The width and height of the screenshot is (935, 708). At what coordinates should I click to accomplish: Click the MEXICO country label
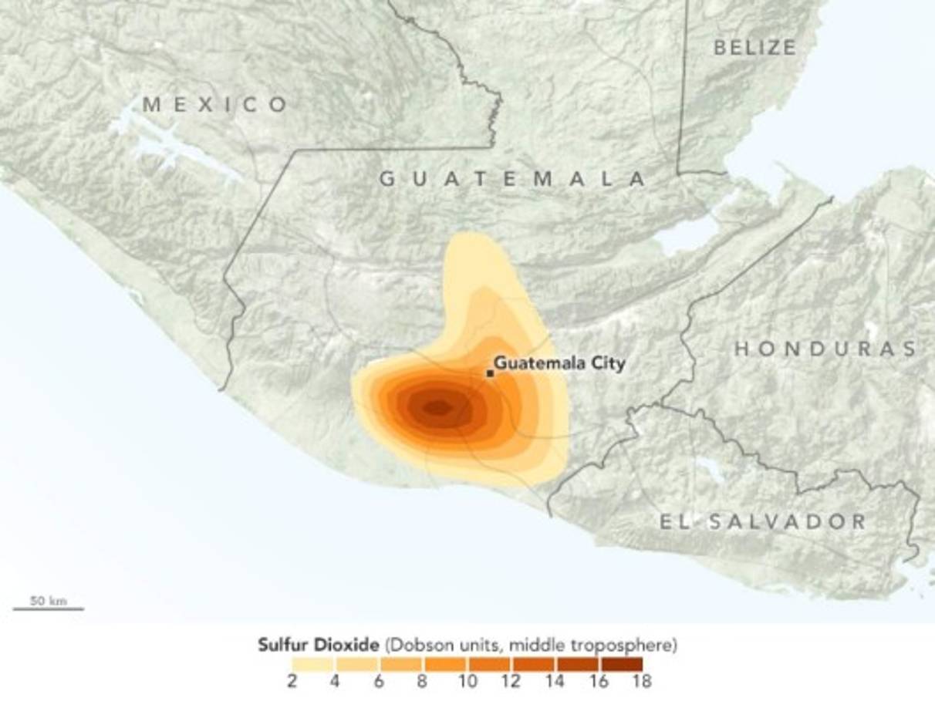[216, 104]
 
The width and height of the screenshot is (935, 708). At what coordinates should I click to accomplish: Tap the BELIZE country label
[754, 48]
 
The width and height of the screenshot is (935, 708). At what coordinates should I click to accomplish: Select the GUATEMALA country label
[512, 179]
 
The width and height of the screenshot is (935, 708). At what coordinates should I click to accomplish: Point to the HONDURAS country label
[825, 349]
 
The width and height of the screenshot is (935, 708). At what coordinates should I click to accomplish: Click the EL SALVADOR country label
[762, 522]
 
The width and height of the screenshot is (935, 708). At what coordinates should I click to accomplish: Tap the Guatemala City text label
[559, 362]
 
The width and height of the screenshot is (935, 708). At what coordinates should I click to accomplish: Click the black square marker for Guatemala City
[490, 373]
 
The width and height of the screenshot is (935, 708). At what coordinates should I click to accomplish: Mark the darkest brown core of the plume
[437, 408]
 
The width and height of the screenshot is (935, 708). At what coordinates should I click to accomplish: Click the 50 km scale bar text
[48, 600]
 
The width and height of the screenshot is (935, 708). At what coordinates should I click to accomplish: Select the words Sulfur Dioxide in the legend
[319, 645]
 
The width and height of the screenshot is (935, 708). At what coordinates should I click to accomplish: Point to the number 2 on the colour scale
[292, 682]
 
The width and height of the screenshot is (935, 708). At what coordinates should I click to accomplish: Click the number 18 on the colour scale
[642, 682]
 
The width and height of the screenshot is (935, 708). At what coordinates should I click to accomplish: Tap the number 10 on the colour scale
[466, 682]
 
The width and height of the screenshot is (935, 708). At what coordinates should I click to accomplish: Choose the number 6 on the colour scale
[379, 682]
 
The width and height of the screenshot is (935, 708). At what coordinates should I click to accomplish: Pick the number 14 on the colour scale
[554, 682]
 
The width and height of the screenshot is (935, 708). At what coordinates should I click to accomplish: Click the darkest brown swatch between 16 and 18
[621, 664]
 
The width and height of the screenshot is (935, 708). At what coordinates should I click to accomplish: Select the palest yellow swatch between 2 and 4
[312, 664]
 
